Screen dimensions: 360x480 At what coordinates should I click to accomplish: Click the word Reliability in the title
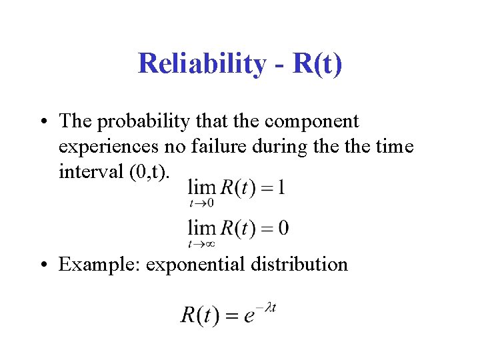(201, 64)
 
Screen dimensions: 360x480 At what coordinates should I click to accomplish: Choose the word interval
(90, 171)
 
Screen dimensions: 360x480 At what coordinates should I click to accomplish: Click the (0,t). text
(151, 172)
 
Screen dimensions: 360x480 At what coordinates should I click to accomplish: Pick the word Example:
(99, 265)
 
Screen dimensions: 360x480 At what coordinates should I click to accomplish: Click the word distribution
(301, 264)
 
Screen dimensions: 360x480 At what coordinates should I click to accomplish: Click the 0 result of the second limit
(283, 228)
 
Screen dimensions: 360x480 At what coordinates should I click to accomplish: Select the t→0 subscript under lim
(201, 202)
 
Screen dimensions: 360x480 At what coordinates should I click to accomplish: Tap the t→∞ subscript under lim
(201, 244)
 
